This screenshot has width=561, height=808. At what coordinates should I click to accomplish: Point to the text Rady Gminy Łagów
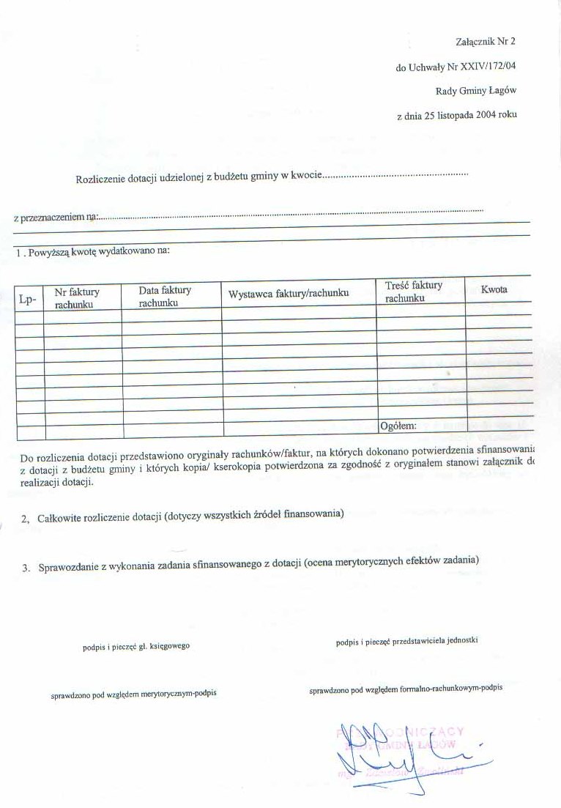(x=476, y=91)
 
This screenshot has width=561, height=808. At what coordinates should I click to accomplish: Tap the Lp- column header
(x=28, y=298)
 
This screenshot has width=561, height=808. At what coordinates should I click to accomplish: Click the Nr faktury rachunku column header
(x=77, y=297)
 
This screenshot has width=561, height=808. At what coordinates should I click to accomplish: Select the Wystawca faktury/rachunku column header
(x=289, y=294)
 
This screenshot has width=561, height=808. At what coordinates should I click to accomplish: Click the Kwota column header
(x=495, y=289)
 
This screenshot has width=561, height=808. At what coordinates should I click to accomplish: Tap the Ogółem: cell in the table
(x=398, y=426)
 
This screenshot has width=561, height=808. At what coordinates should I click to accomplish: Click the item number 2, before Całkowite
(x=25, y=519)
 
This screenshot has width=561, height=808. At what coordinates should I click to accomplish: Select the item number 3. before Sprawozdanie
(x=26, y=568)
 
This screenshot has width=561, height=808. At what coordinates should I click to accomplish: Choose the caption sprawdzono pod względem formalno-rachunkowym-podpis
(x=406, y=689)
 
